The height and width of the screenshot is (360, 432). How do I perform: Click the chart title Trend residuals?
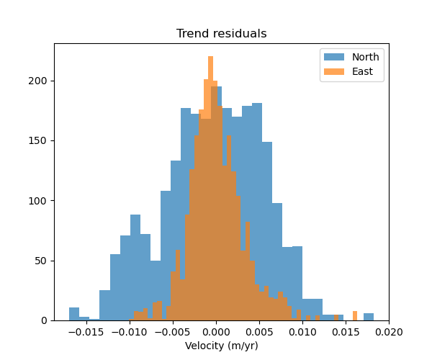click(x=222, y=34)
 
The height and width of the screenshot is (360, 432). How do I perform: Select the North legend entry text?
click(x=365, y=57)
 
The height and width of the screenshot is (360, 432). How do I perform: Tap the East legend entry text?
click(x=362, y=71)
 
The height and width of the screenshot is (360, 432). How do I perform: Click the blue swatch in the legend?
click(x=334, y=57)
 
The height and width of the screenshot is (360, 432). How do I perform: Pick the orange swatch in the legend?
click(x=334, y=71)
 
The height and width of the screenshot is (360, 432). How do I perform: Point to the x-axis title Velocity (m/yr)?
click(x=222, y=346)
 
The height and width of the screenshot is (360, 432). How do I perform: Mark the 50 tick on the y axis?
click(x=43, y=261)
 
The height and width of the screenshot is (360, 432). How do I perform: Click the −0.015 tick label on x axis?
click(x=85, y=332)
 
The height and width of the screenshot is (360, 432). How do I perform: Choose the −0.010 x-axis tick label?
click(x=128, y=332)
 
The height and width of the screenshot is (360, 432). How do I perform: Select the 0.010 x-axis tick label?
click(x=302, y=332)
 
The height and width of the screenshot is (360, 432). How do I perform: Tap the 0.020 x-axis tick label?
click(x=389, y=332)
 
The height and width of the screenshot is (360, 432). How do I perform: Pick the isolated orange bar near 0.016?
click(x=355, y=315)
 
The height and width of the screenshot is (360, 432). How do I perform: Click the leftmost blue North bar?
click(x=73, y=314)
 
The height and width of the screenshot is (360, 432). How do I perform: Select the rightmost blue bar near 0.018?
click(x=369, y=317)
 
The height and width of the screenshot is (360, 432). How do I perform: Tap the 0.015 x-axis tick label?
click(x=346, y=332)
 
